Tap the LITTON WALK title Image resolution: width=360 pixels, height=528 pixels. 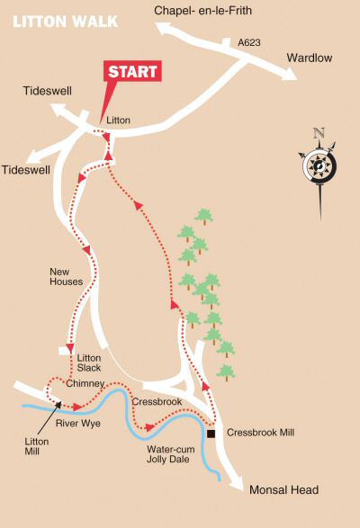58,19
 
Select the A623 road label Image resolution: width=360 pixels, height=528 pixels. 247,42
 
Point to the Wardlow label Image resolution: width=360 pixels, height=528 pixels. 310,58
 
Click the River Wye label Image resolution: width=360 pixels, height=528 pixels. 77,422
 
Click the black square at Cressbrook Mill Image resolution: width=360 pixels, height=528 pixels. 211,434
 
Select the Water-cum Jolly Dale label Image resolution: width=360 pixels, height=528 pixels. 169,452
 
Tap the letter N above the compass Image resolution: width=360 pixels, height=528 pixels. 318,133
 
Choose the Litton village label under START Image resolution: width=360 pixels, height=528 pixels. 118,120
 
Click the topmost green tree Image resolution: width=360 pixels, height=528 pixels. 204,215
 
